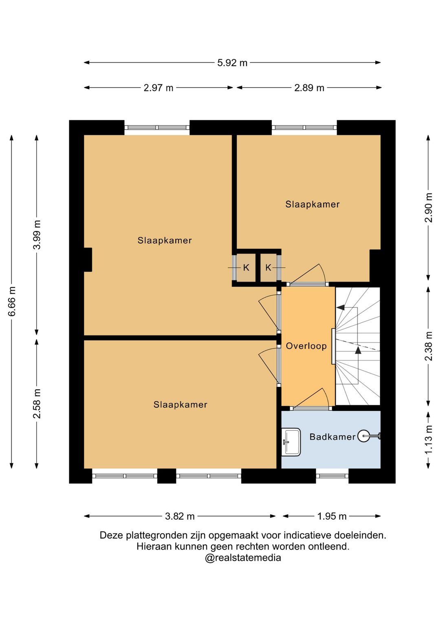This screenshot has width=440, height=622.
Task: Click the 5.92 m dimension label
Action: click(232, 63)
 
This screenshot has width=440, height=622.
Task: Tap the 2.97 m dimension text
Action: click(158, 88)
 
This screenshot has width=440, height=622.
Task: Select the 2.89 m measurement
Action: click(309, 88)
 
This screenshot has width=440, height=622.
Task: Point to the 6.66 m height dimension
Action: click(12, 301)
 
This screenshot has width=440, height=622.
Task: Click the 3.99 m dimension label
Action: click(37, 235)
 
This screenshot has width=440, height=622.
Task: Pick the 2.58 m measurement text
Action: click(37, 404)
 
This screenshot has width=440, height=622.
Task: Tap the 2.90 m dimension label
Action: click(428, 207)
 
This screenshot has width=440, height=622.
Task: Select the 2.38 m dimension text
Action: click(428, 346)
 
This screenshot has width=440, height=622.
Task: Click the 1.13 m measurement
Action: click(428, 439)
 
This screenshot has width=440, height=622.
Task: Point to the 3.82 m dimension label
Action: click(180, 516)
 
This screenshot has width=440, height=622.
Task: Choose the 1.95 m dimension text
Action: click(332, 516)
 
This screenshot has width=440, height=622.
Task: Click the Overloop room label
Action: click(306, 346)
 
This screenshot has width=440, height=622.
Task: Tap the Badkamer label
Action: click(332, 437)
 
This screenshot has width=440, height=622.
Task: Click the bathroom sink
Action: click(291, 442)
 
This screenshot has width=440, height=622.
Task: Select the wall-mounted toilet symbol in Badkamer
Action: click(369, 436)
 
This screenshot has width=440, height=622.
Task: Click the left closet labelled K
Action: click(246, 268)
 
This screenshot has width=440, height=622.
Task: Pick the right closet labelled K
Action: click(268, 268)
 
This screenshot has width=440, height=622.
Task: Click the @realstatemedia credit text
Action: click(243, 558)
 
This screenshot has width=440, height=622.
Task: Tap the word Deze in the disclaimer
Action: click(112, 535)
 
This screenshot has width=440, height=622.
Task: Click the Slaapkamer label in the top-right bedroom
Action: click(312, 204)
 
